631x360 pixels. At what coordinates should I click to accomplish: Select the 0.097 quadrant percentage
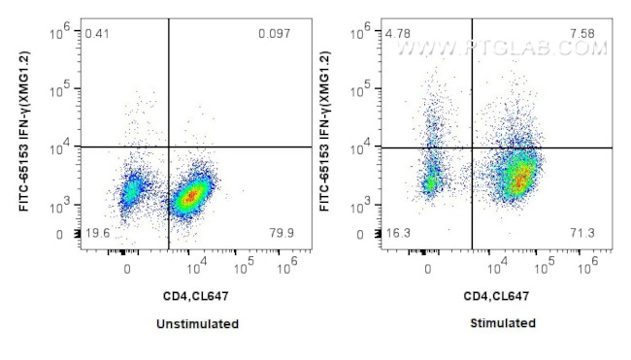tap(274, 35)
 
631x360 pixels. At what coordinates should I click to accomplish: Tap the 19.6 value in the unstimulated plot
tap(97, 234)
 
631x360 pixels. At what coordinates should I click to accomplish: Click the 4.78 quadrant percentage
tap(399, 35)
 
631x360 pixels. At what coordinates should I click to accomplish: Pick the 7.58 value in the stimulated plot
tap(582, 35)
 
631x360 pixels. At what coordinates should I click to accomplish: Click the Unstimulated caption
tap(198, 323)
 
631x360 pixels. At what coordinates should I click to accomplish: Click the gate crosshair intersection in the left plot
tap(169, 147)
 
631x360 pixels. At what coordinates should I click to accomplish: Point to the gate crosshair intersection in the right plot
tap(472, 147)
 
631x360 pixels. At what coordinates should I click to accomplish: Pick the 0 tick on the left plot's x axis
tap(127, 269)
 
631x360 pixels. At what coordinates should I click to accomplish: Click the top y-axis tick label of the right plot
tap(363, 31)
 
